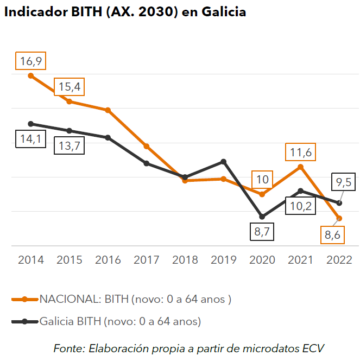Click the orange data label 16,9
[x=31, y=61]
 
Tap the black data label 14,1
[x=31, y=139]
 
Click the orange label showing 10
[x=262, y=179]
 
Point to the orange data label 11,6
[x=300, y=153]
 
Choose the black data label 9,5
[x=344, y=182]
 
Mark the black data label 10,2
[x=301, y=206]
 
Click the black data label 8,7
[x=262, y=231]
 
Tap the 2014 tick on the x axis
[x=31, y=260]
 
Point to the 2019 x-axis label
[x=224, y=260]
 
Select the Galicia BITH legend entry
[x=119, y=321]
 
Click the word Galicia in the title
[x=223, y=12]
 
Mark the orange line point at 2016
[x=108, y=110]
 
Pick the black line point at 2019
[x=224, y=162]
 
